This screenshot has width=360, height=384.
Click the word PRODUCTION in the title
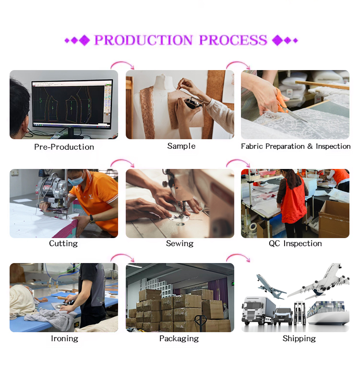point(143,40)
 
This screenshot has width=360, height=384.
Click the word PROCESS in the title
point(233,40)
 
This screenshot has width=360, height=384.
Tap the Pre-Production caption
point(64,147)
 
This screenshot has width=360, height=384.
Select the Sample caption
point(181,146)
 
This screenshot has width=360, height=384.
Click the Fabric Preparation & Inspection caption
point(296,146)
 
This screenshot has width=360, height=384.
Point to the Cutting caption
point(63,243)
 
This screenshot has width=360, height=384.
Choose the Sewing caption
point(180,243)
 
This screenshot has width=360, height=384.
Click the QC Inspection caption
point(295,243)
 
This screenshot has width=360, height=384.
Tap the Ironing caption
point(64,338)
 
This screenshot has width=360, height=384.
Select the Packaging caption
point(179,338)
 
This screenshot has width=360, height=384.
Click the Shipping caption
point(299,338)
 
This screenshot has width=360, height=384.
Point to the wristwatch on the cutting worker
point(92,220)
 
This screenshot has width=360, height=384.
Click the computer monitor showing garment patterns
point(72,105)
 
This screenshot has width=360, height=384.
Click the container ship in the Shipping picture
point(328,312)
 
